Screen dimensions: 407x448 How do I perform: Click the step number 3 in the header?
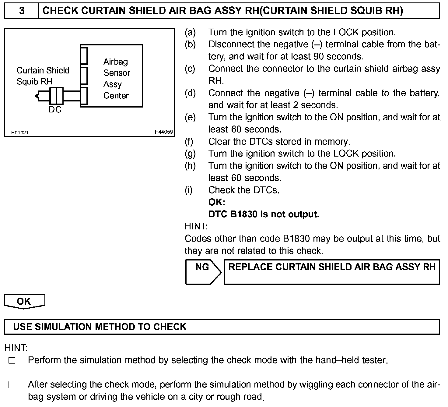[x=22, y=11]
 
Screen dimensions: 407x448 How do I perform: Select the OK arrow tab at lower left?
[x=24, y=301]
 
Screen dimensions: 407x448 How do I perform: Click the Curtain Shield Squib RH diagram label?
[x=43, y=76]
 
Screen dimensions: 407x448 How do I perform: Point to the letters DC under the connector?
[x=55, y=110]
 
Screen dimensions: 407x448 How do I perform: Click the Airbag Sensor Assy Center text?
[x=116, y=79]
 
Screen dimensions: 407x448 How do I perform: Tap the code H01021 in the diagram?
[x=20, y=133]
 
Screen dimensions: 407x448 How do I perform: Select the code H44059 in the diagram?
[x=163, y=132]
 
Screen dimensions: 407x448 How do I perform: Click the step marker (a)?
[x=190, y=32]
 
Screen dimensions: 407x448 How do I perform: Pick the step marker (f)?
[x=189, y=142]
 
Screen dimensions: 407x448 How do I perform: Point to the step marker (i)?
[x=189, y=190]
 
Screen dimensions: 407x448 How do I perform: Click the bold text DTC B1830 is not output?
[x=264, y=214]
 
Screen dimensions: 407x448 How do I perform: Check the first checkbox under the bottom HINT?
[x=12, y=361]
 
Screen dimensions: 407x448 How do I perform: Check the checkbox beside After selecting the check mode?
[x=12, y=385]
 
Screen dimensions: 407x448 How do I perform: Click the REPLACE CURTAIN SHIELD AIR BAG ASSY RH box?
[x=332, y=272]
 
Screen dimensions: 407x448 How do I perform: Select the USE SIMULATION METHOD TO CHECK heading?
[x=100, y=327]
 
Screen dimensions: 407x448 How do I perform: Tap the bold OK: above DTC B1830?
[x=217, y=202]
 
